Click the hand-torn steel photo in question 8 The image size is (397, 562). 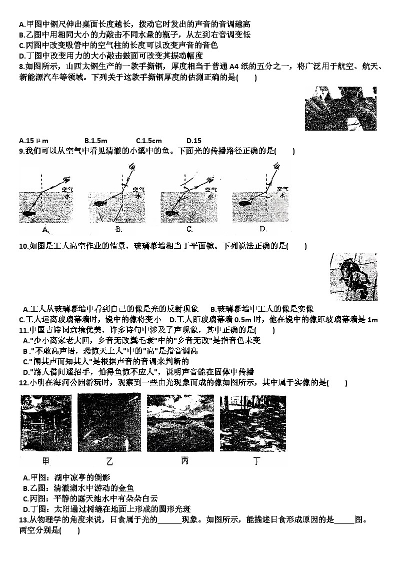coord(340,109)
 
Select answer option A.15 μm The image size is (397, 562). coord(33,141)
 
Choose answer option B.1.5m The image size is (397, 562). coord(96,141)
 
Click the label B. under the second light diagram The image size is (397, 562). coord(118,229)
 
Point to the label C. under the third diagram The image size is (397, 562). coord(189,229)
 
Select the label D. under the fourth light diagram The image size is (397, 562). coord(263,229)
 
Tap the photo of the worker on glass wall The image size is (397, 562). coord(354,276)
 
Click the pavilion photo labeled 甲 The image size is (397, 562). coord(45,423)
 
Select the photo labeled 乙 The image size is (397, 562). coord(109,423)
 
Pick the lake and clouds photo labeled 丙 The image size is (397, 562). coord(180,423)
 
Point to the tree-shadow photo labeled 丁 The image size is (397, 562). coord(253,423)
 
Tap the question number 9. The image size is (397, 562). coord(21,151)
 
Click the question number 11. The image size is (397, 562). coord(22,330)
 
